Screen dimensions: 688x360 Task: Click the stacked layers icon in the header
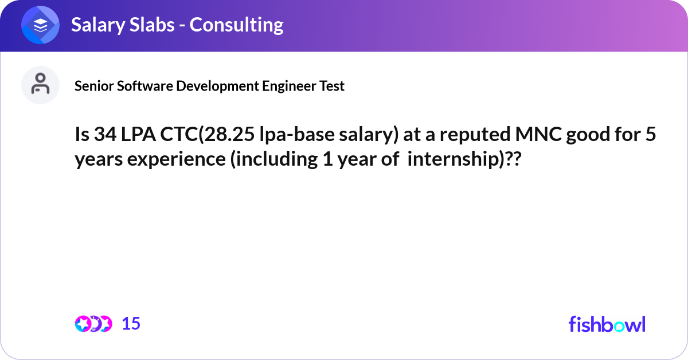(x=40, y=25)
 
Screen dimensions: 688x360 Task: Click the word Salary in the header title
(x=98, y=25)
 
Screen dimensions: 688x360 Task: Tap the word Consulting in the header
(x=236, y=25)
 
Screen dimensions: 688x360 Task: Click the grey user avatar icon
(x=40, y=85)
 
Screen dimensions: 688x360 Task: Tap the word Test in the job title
(x=332, y=86)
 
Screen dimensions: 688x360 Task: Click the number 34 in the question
(x=105, y=134)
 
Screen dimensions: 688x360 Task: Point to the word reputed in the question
(x=475, y=135)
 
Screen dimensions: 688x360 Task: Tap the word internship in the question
(x=454, y=160)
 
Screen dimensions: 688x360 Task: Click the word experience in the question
(x=177, y=160)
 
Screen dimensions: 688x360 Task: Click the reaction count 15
(x=131, y=324)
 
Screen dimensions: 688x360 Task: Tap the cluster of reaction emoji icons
(x=93, y=324)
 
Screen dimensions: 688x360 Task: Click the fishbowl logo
(x=607, y=324)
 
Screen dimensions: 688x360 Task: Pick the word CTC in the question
(x=179, y=134)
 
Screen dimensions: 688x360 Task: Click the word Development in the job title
(x=217, y=87)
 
